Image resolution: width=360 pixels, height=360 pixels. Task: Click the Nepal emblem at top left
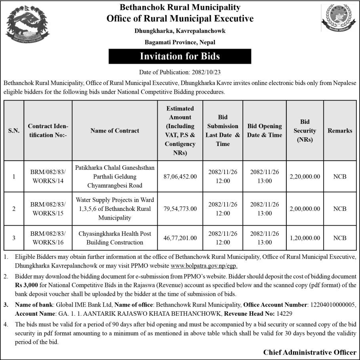pos(28,25)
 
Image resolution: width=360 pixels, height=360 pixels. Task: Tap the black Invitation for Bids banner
pos(180,56)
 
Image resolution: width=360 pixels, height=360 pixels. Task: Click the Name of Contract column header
pos(115,131)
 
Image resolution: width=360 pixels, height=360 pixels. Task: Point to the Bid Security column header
pos(305,131)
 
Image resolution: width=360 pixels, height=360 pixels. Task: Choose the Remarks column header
pos(339,131)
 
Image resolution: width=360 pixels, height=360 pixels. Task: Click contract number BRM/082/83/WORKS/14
pos(48,176)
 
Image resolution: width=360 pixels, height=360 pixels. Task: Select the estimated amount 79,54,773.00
pos(180,209)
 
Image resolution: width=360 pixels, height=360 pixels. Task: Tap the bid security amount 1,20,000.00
pos(305,238)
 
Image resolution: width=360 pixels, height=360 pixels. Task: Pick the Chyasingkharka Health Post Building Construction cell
pos(115,238)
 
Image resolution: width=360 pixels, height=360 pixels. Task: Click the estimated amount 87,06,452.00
pos(180,176)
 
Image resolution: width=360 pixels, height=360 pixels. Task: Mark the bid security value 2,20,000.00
pos(305,176)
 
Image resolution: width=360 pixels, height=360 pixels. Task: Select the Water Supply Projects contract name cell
pos(115,209)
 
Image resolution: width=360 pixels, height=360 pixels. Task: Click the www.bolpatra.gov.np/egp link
pos(204,266)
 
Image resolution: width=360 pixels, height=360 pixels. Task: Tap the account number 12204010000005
pos(332,305)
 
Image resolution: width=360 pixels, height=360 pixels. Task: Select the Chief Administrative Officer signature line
pos(309,352)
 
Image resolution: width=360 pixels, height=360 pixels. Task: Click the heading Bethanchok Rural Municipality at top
pos(180,8)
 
